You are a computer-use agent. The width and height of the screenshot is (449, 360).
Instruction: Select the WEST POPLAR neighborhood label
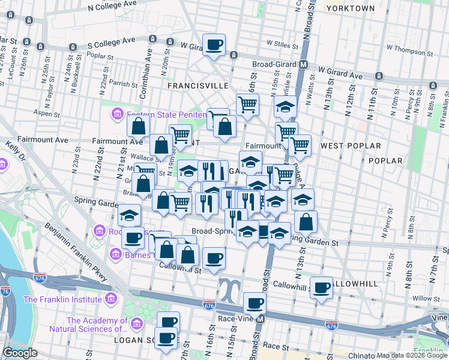(x=351, y=146)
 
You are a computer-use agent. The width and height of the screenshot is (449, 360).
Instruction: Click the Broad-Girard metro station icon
(x=304, y=64)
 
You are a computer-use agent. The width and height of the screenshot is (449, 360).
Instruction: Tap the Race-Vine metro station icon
(x=261, y=319)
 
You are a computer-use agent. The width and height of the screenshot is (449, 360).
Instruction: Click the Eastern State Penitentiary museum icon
(x=116, y=113)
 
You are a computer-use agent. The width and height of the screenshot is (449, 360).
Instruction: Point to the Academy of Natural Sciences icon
(x=137, y=324)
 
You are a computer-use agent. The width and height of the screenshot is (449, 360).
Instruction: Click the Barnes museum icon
(x=115, y=254)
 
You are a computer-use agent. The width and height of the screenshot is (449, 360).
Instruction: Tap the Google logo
(x=20, y=353)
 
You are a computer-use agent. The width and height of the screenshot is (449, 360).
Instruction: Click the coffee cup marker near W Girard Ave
(x=214, y=44)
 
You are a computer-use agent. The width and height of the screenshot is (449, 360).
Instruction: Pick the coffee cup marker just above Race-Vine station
(x=255, y=303)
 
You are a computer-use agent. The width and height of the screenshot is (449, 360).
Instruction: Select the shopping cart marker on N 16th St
(x=247, y=104)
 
